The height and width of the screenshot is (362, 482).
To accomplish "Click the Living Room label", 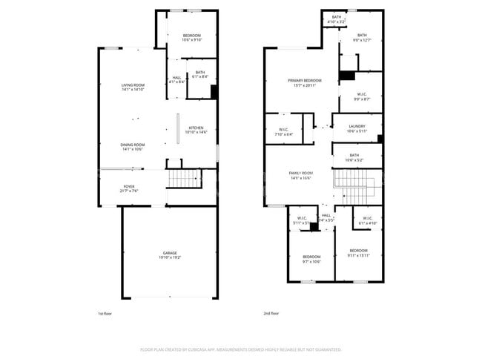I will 134,88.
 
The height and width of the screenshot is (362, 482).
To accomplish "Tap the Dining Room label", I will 133,146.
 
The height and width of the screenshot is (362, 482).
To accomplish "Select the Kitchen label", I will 196,130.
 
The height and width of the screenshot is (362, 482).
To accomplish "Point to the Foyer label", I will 129,188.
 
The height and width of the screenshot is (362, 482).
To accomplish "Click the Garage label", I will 171,254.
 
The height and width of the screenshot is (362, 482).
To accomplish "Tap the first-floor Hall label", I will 176,79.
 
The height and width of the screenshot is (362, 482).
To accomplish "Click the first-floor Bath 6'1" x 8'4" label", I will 200,74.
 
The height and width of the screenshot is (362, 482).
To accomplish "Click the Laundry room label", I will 357,128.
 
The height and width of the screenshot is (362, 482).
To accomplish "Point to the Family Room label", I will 300,175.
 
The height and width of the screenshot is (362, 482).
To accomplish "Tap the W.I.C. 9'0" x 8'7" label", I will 361,96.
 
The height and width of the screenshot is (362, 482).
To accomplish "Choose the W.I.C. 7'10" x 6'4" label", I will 283,132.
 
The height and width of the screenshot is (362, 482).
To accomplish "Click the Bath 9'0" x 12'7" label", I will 361,37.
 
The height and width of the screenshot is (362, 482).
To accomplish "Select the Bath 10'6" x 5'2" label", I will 354,157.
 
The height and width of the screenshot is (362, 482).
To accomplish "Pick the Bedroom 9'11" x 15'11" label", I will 358,252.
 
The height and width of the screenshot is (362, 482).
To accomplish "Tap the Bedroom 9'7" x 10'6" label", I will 311,258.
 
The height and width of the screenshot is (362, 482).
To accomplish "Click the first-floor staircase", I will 184,179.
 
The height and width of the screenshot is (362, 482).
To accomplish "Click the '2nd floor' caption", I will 271,314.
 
